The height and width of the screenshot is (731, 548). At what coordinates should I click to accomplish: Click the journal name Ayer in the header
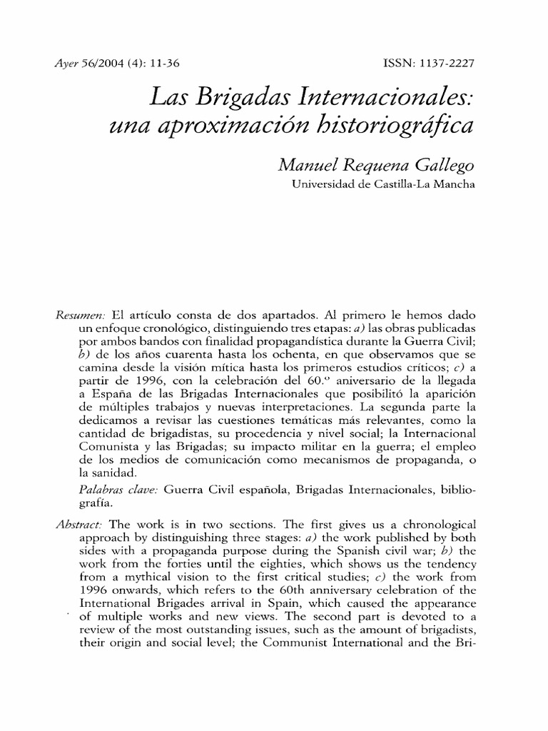[x=65, y=64]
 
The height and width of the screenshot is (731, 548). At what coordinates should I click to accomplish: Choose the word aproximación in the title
[x=223, y=127]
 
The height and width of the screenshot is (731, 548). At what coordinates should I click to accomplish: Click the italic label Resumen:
[x=79, y=316]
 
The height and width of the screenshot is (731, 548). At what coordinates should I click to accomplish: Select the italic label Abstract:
[x=79, y=523]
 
